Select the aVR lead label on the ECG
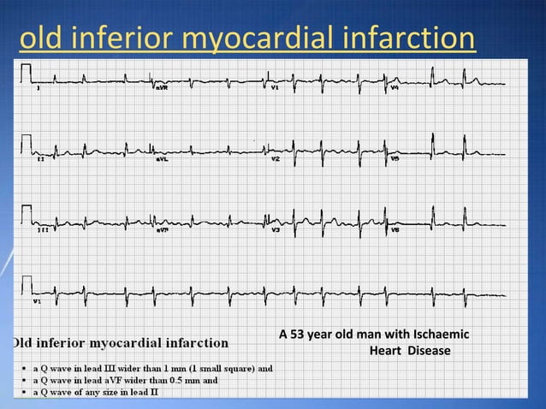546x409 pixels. pyautogui.click(x=162, y=87)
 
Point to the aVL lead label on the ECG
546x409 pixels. pyautogui.click(x=162, y=159)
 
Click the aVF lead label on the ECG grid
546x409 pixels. pyautogui.click(x=162, y=231)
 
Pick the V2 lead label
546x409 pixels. pyautogui.click(x=275, y=159)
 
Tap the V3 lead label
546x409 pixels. pyautogui.click(x=275, y=231)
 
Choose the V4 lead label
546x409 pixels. pyautogui.click(x=395, y=87)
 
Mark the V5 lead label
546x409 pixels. pyautogui.click(x=395, y=159)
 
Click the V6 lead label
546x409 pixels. pyautogui.click(x=395, y=231)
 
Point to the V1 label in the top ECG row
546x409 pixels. pyautogui.click(x=275, y=87)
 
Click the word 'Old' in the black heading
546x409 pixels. pyautogui.click(x=27, y=344)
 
